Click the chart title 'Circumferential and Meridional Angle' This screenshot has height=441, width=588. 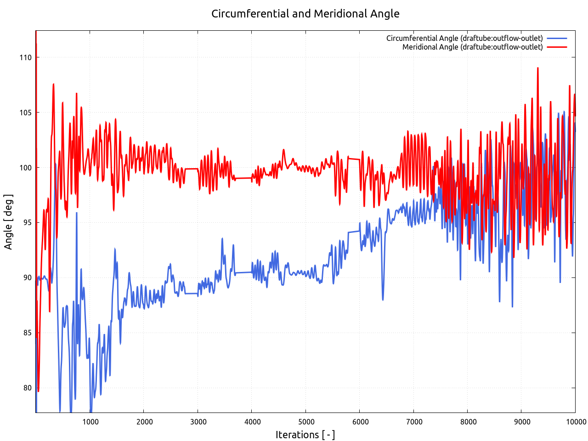tap(305, 14)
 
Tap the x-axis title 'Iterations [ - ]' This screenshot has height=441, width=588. tap(305, 435)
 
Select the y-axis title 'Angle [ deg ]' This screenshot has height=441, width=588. tap(8, 222)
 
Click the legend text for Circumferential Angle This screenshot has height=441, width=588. tap(464, 38)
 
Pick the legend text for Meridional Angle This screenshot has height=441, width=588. tap(472, 47)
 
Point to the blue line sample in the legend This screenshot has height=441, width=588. tap(557, 38)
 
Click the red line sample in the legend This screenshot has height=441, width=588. tap(557, 47)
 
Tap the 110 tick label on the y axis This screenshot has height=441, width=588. tap(26, 57)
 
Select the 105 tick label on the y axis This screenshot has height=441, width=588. tap(26, 113)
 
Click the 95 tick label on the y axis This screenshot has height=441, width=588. tap(27, 223)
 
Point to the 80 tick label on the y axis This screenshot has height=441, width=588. tap(27, 388)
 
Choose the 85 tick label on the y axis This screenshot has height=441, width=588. tap(27, 333)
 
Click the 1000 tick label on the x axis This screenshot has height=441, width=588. tap(90, 422)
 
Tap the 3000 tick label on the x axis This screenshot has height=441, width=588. tap(198, 422)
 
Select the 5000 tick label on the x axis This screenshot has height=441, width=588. tap(306, 422)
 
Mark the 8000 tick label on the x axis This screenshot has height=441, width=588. tap(468, 422)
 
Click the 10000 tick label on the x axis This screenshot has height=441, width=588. tap(575, 422)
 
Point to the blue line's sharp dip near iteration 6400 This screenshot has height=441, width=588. tap(383, 300)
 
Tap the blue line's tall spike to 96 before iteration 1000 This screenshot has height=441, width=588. tap(77, 213)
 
